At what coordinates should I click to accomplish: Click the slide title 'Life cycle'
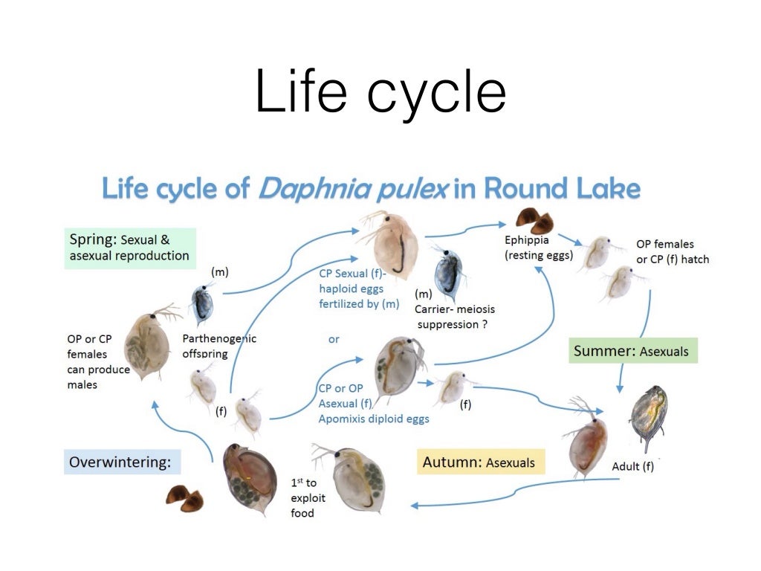tap(380, 92)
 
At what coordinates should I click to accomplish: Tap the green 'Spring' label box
tap(129, 248)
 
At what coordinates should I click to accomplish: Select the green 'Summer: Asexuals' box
tap(633, 351)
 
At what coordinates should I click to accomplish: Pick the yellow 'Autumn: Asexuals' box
tap(479, 462)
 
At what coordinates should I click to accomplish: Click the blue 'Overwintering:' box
tap(121, 462)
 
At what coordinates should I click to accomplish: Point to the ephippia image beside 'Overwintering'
tap(184, 497)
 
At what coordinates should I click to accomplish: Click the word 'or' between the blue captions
tap(334, 339)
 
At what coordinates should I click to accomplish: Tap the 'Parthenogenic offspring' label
tap(219, 346)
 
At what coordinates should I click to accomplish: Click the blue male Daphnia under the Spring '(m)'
tap(202, 303)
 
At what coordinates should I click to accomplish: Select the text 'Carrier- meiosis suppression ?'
tap(455, 317)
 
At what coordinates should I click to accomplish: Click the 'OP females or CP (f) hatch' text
tap(672, 251)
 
